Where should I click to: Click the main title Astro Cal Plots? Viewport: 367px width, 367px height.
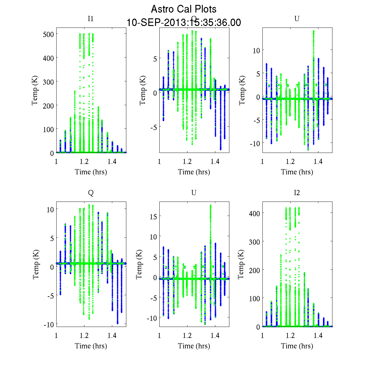point(183,9)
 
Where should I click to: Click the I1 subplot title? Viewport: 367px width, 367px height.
point(91,19)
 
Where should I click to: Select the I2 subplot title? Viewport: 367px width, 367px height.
point(297,193)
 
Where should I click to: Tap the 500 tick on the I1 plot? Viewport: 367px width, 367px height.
point(48,34)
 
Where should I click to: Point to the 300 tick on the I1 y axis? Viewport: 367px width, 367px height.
point(48,82)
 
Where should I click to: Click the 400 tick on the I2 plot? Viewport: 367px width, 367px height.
point(255,213)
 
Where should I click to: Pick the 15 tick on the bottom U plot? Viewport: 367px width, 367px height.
point(153,216)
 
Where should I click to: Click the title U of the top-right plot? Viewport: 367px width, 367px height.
point(297,19)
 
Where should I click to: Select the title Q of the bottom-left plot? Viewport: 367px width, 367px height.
point(91,193)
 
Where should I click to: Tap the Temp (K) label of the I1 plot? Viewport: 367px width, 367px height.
point(35,90)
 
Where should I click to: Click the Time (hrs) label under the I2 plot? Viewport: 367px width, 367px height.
point(297,346)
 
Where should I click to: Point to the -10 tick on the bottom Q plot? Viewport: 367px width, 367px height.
point(48,324)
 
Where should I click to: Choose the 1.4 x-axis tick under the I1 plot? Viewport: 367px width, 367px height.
point(112,161)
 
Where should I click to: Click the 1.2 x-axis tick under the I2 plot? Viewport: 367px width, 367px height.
point(290,335)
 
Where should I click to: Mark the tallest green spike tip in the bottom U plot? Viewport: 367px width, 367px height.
point(211,206)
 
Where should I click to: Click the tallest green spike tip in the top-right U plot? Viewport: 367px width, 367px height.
point(314,31)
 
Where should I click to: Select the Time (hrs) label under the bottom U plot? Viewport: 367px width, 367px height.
point(194,346)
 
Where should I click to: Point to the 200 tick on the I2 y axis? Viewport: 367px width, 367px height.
point(255,270)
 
